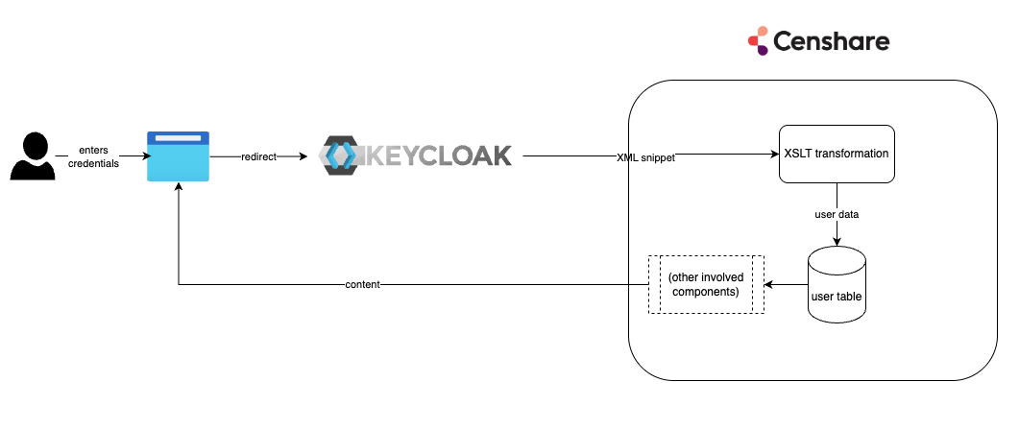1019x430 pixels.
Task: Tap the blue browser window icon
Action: tap(178, 156)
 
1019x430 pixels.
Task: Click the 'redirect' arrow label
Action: tap(257, 155)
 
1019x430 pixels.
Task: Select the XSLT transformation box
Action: tap(837, 154)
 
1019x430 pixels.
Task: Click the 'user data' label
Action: tap(837, 214)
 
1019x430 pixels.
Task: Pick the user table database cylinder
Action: tap(837, 285)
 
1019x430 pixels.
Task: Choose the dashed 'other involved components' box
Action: tap(706, 285)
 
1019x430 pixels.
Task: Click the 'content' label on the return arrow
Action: tap(363, 285)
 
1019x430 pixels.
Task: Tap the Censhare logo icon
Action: tap(758, 40)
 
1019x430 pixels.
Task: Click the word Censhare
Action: tap(832, 41)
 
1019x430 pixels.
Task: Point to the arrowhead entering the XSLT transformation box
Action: tap(773, 155)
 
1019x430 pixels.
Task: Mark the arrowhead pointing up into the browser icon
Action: tap(178, 188)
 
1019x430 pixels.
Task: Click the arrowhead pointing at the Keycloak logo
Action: tap(306, 155)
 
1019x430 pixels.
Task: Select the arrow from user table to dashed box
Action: tap(787, 285)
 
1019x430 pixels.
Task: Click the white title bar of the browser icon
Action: tap(178, 139)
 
